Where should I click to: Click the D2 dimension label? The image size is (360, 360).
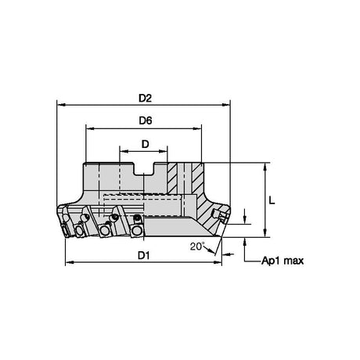coord(145,99)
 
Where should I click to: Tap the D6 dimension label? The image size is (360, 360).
coord(146,121)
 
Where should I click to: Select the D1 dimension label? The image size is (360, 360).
coord(144,256)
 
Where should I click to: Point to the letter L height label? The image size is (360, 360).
coord(272,200)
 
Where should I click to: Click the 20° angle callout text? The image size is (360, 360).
coord(197,246)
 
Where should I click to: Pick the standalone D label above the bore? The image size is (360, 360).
coord(145,144)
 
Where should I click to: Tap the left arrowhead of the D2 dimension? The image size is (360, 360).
coord(61,105)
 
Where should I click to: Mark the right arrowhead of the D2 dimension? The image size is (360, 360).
coord(225,105)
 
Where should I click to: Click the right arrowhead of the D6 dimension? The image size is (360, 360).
coord(197,128)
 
